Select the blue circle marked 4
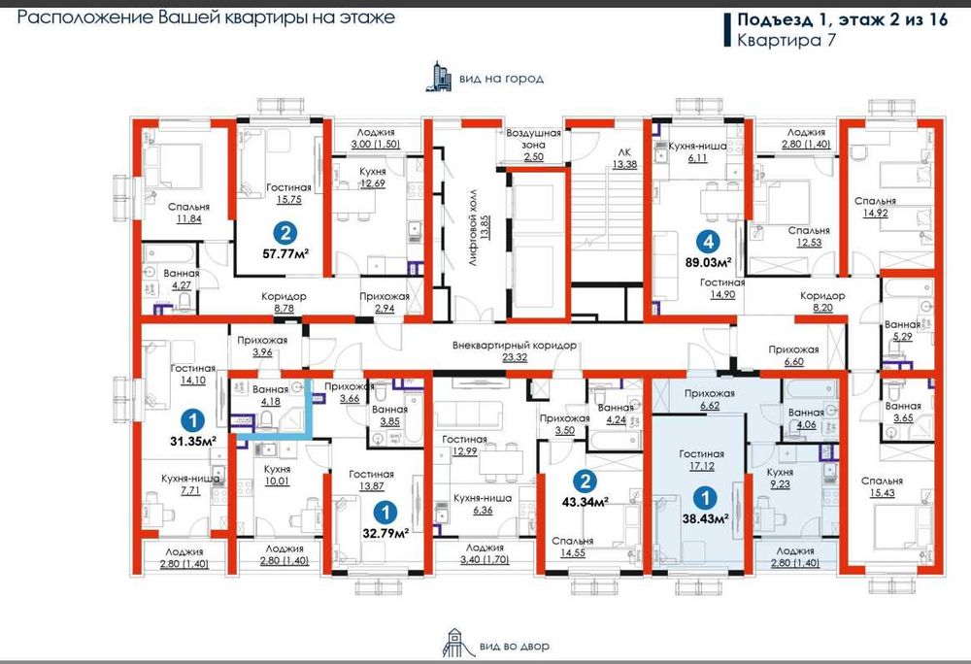[x=708, y=241]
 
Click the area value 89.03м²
[x=708, y=262]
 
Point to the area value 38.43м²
[x=705, y=518]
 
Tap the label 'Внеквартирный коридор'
[x=514, y=346]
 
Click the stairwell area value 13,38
[x=624, y=164]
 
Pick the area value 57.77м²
[x=285, y=253]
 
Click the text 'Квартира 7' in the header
[x=787, y=40]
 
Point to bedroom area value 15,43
[x=882, y=492]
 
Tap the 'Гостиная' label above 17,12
[x=701, y=453]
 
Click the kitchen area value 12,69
[x=372, y=183]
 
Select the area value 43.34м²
[x=585, y=501]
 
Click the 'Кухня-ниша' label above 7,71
[x=190, y=479]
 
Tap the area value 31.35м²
[x=192, y=442]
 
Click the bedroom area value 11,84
[x=188, y=218]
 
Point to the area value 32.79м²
[x=385, y=533]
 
